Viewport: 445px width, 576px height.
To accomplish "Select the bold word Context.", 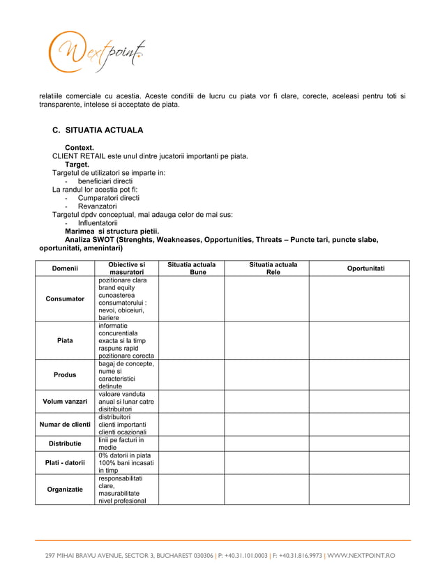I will [80, 148].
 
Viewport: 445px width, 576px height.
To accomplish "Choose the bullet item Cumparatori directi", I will [108, 198].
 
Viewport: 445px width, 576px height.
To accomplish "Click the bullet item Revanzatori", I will [97, 206].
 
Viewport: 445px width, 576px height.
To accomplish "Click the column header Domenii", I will [64, 268].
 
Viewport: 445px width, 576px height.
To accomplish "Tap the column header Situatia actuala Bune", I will [191, 268].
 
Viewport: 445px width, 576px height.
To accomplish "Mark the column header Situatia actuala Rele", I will [273, 268].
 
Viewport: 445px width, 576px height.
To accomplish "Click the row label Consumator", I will [64, 298].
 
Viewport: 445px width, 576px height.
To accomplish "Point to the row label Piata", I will [64, 341].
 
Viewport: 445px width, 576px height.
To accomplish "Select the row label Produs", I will [64, 374].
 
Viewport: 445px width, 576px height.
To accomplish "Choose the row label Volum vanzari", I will [64, 402].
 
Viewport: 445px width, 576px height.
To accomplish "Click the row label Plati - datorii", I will [64, 462].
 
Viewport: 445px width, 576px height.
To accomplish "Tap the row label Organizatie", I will [64, 490].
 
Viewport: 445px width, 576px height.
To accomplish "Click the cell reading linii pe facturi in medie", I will [121, 444].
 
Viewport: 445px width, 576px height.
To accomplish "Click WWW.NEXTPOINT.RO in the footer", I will [361, 556].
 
